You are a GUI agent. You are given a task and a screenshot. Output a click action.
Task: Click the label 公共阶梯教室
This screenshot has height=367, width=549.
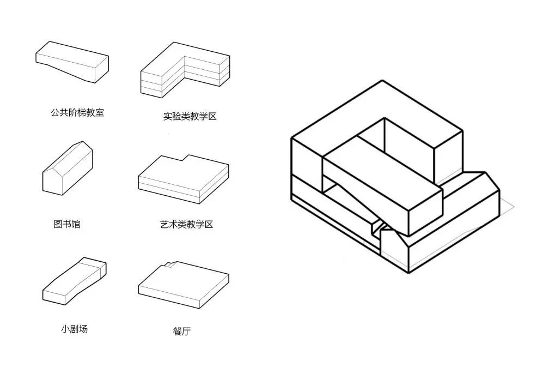(77, 113)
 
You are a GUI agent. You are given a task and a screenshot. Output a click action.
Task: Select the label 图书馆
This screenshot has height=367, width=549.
(66, 224)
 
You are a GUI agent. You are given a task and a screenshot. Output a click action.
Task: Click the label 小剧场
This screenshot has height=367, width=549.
(74, 329)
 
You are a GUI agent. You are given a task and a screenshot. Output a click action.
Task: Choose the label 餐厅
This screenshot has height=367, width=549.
(182, 331)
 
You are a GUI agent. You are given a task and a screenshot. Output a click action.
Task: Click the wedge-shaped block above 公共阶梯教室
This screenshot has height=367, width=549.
(72, 61)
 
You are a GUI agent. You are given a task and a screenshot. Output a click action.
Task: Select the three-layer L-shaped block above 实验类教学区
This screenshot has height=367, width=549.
(182, 71)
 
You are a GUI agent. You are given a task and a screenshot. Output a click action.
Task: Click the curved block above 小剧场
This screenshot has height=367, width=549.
(74, 281)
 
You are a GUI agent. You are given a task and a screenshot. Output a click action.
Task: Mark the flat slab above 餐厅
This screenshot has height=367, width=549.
(182, 282)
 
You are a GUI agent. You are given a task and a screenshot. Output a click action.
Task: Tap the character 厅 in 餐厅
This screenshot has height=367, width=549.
(187, 331)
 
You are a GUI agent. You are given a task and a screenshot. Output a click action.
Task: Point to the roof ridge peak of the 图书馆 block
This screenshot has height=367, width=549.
(83, 142)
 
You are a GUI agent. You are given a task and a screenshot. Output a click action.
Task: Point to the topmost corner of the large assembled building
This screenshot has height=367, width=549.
(383, 81)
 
